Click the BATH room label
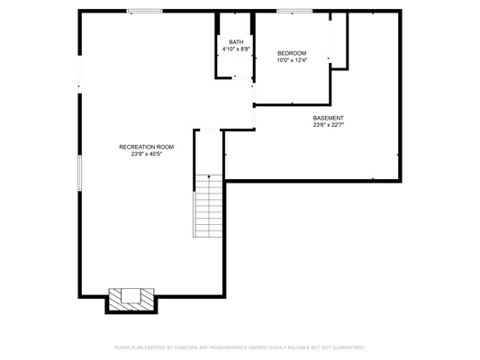click(236, 42)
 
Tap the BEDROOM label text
click(292, 53)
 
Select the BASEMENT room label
click(328, 118)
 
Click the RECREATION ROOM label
click(146, 147)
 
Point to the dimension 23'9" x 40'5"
click(146, 154)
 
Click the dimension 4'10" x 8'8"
click(236, 49)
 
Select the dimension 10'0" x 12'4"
click(292, 60)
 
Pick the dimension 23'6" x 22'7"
click(328, 125)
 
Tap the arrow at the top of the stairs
click(209, 176)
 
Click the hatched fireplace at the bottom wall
click(131, 300)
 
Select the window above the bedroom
click(294, 11)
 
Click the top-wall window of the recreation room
click(144, 11)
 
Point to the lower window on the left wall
click(80, 173)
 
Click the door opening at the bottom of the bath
click(242, 77)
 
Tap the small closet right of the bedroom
click(339, 40)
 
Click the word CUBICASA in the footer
click(186, 347)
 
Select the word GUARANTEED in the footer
click(349, 347)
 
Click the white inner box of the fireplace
click(131, 296)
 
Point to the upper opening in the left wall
click(80, 75)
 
